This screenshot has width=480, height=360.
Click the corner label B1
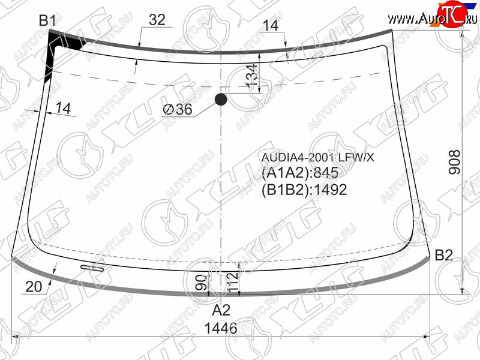click(x=47, y=20)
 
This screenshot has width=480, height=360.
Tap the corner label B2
click(x=443, y=254)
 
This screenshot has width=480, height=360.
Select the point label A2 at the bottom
click(x=221, y=310)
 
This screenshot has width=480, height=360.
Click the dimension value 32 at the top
click(x=157, y=20)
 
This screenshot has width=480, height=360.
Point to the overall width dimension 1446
click(x=221, y=328)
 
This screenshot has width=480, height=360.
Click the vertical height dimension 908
click(x=454, y=162)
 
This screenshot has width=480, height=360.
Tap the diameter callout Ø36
click(x=178, y=109)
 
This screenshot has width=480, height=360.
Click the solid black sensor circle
click(x=221, y=100)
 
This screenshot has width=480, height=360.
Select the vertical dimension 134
click(x=251, y=76)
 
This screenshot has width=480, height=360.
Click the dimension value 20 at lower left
click(x=34, y=287)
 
